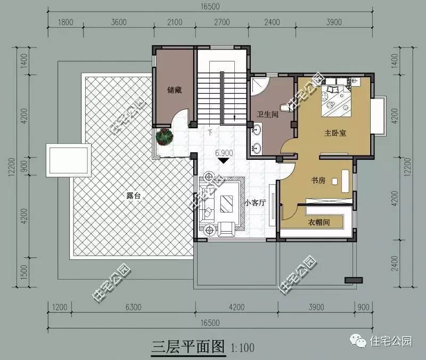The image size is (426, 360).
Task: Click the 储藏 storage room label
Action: tap(174, 90)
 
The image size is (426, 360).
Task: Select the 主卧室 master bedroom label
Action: tap(335, 133)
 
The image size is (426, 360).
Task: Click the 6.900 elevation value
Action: tap(224, 153)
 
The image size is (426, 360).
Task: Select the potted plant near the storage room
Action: tap(165, 137)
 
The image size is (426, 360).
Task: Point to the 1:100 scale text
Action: tap(243, 348)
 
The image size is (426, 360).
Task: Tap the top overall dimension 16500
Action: tap(211, 6)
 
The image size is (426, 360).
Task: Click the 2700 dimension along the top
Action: tap(222, 22)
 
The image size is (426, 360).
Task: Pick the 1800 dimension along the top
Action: tap(65, 22)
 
